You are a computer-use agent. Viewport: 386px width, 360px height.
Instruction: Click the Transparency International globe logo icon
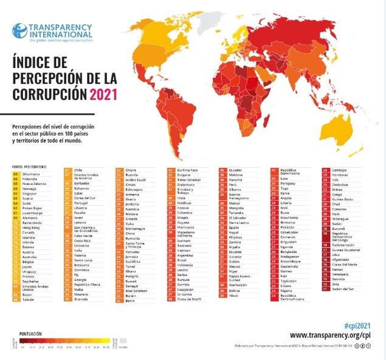20,30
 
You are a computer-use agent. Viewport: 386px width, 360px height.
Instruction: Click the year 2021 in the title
103,94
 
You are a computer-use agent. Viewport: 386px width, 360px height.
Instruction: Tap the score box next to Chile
67,170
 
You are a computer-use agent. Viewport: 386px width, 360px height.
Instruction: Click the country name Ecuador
238,170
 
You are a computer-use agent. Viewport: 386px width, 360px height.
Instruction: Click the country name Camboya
340,170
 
